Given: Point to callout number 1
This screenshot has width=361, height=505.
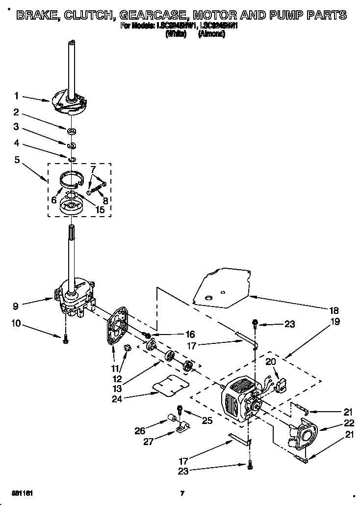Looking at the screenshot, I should (x=17, y=96).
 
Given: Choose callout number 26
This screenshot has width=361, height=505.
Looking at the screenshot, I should (x=139, y=431).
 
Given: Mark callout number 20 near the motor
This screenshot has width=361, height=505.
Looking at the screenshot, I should (x=270, y=361).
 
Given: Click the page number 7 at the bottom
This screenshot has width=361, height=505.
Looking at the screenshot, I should (x=182, y=493).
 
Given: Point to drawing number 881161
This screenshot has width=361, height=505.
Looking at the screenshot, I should (x=22, y=493).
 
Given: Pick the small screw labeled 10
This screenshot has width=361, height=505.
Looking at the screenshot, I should (x=65, y=339).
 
